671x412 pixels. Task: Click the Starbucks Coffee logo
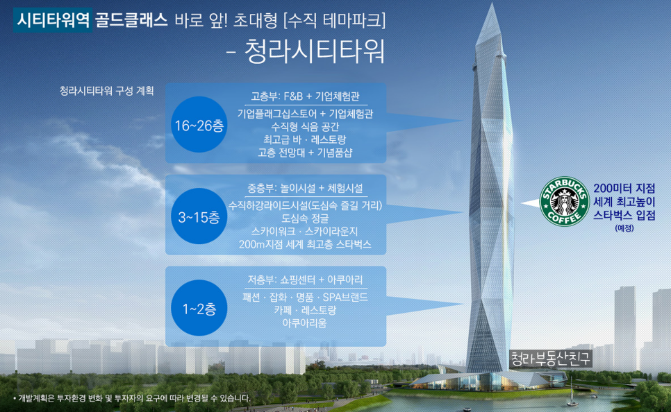click(565, 201)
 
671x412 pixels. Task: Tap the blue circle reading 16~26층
click(199, 124)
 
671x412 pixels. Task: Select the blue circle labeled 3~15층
click(199, 216)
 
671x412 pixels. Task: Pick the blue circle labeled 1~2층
click(199, 308)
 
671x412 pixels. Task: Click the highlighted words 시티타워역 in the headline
click(53, 19)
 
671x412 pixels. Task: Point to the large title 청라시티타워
click(315, 52)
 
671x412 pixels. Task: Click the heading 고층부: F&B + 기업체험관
click(305, 96)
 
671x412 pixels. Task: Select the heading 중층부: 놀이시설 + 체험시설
click(305, 188)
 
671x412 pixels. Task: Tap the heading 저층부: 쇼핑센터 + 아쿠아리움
click(305, 280)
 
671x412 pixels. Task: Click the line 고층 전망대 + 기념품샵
click(305, 153)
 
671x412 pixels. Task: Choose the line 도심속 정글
click(305, 218)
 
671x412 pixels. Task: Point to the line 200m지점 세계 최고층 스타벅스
click(305, 244)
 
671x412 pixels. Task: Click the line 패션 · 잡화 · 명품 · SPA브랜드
click(305, 297)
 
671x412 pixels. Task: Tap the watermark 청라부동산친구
click(551, 359)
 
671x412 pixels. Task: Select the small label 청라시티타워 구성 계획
click(106, 91)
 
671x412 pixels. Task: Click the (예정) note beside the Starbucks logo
click(624, 228)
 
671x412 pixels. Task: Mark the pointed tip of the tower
click(492, 3)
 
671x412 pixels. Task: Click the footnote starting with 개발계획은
click(132, 398)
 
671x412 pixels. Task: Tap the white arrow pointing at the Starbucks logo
click(531, 203)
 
